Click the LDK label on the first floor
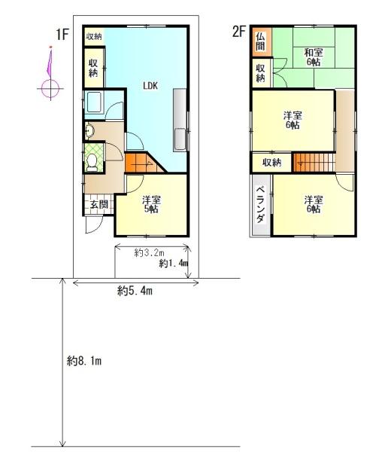tap(150, 86)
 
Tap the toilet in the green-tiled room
tap(92, 163)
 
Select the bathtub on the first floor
tap(93, 102)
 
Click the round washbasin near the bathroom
tap(89, 131)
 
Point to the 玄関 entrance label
tap(99, 205)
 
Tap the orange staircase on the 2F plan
tap(314, 163)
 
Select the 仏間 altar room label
tap(260, 41)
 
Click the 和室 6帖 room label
tap(314, 57)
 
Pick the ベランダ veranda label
tap(261, 205)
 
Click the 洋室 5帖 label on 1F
tap(151, 205)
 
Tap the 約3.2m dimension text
tap(149, 253)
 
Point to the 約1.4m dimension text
tap(174, 263)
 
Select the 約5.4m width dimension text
tap(135, 292)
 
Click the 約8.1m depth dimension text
tap(84, 361)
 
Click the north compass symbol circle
tap(50, 88)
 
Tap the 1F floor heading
tap(62, 35)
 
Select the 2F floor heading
tap(239, 32)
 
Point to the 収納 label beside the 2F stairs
tap(271, 163)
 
